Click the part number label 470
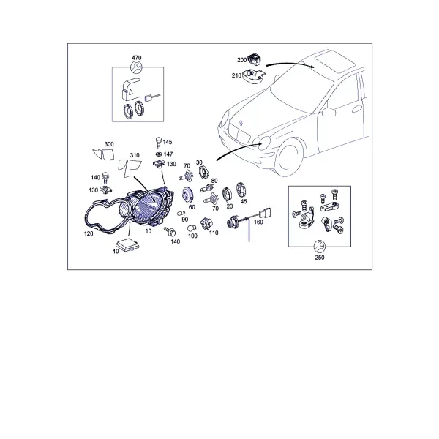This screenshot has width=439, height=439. [137, 58]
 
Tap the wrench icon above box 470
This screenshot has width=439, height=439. [136, 67]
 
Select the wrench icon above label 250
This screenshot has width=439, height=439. [319, 246]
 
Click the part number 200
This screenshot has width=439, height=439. [241, 60]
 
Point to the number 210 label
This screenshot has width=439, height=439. [236, 75]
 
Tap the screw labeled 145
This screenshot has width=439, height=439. [159, 143]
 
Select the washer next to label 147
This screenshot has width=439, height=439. [159, 154]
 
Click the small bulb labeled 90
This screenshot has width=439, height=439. [181, 214]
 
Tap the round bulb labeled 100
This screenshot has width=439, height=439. [192, 228]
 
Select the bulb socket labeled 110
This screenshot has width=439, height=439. [205, 224]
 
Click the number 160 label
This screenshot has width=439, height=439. [258, 222]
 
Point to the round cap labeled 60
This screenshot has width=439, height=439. [187, 195]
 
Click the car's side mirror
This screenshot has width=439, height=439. [329, 112]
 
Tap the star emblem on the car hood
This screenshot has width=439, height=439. [241, 123]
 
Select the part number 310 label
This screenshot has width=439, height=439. [135, 155]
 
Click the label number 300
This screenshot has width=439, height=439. [109, 144]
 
